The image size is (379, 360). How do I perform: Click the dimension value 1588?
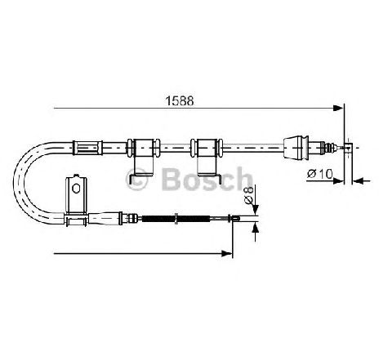(180, 101)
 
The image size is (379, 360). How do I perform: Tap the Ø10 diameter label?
(320, 174)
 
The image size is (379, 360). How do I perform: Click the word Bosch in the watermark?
(207, 179)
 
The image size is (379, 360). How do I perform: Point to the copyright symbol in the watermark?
(136, 179)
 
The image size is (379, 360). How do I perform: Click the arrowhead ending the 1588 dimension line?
(338, 108)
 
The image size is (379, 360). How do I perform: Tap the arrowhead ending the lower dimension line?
(227, 254)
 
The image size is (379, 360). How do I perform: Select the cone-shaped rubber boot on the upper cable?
(297, 147)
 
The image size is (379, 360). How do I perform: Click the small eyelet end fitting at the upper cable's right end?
(348, 148)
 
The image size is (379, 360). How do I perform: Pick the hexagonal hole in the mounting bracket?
(76, 189)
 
